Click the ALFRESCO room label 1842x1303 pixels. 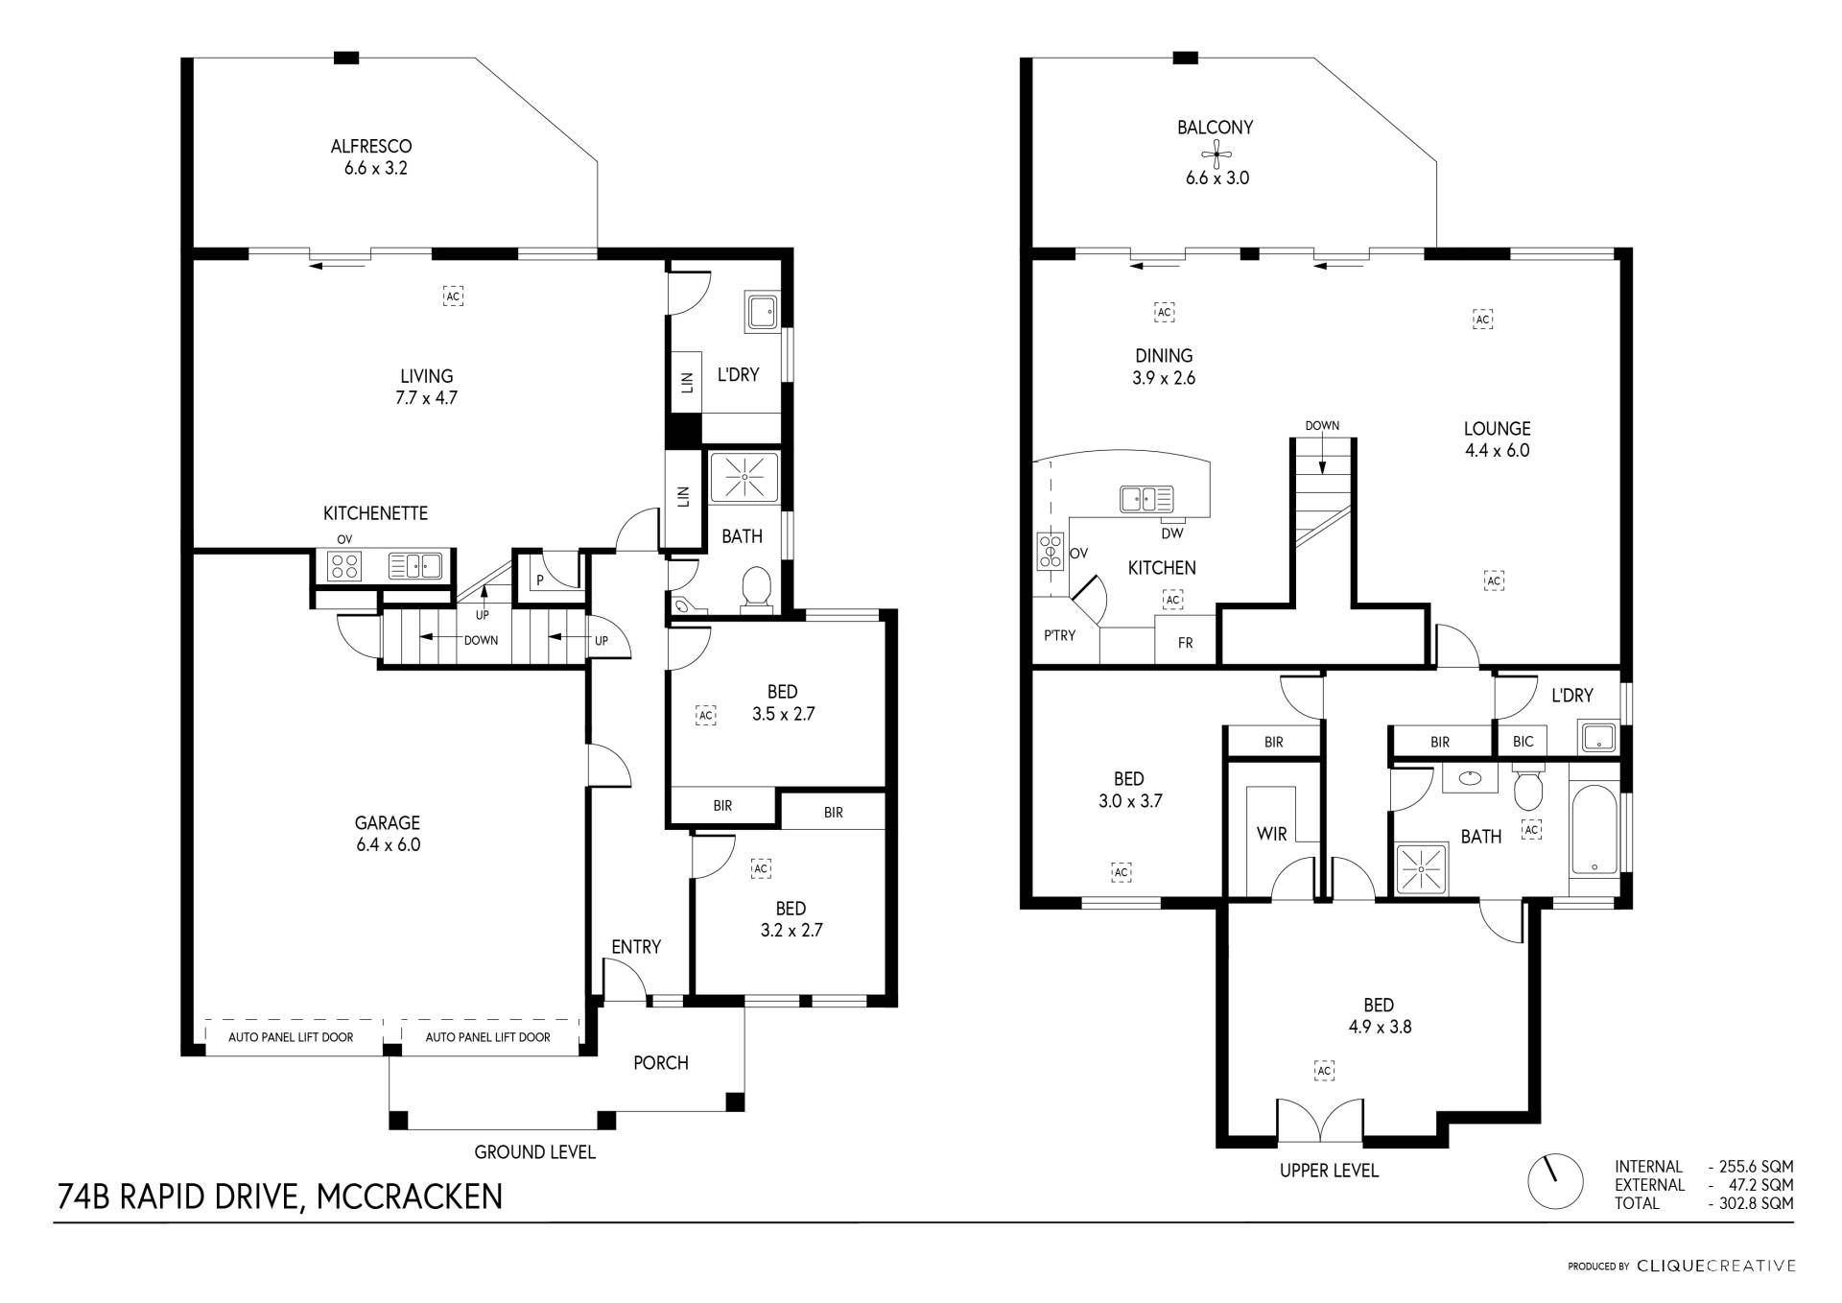(371, 147)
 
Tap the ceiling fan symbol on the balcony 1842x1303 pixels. (1216, 153)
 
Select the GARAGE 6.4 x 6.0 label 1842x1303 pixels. (388, 834)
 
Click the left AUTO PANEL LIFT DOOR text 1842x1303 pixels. (291, 1037)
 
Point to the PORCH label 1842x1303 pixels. (661, 1063)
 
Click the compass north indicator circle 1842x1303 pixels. (1554, 1181)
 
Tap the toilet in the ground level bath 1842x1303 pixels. (757, 587)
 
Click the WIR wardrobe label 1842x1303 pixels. (1271, 834)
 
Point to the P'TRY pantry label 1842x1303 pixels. (1060, 635)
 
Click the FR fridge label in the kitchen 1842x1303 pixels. (1186, 643)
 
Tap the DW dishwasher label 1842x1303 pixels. (1172, 533)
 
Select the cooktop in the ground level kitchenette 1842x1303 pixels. (344, 566)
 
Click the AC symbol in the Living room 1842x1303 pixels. (453, 296)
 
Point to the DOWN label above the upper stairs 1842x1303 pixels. (1322, 426)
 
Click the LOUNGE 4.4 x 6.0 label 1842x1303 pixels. (1497, 439)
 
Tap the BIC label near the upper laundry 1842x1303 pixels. (1523, 742)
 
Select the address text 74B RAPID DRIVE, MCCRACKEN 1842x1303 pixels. (280, 1196)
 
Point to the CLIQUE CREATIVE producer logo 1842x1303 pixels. (1716, 1266)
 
